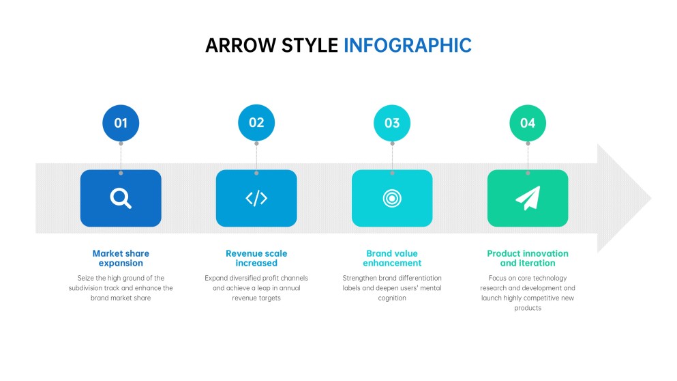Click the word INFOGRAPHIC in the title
(x=407, y=46)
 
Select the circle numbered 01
(x=121, y=123)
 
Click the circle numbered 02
(x=256, y=123)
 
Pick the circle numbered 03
(x=392, y=123)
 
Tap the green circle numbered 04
(x=528, y=123)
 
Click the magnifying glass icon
(x=121, y=198)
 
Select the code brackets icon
(x=256, y=198)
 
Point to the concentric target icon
(x=392, y=198)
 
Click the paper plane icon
(x=528, y=198)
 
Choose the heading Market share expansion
(x=121, y=258)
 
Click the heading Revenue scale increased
(x=256, y=258)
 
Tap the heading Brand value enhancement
(x=392, y=258)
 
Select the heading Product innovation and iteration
(x=528, y=258)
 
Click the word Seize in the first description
(x=87, y=278)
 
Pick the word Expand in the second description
(x=215, y=278)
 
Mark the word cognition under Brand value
(x=392, y=298)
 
